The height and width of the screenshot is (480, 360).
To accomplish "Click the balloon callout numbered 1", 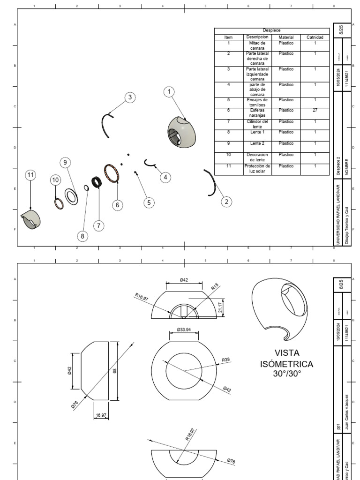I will tap(169, 92).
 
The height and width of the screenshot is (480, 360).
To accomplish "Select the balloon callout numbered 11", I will tap(30, 175).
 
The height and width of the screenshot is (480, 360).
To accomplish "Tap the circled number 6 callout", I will tap(118, 205).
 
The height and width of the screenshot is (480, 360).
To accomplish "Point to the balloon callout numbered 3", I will tap(130, 97).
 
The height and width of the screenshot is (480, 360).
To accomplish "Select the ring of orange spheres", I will tap(112, 174).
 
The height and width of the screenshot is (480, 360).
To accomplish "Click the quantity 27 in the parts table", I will tap(315, 111).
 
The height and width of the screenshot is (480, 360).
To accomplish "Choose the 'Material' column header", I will tap(285, 37).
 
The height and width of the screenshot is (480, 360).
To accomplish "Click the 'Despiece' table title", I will tap(272, 30).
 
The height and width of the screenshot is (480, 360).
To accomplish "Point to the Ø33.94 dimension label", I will tap(184, 330).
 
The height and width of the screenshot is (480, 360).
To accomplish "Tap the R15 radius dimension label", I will tap(215, 287).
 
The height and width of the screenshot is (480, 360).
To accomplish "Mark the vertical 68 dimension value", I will tap(114, 370).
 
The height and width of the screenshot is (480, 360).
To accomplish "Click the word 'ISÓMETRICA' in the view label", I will tap(286, 364).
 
